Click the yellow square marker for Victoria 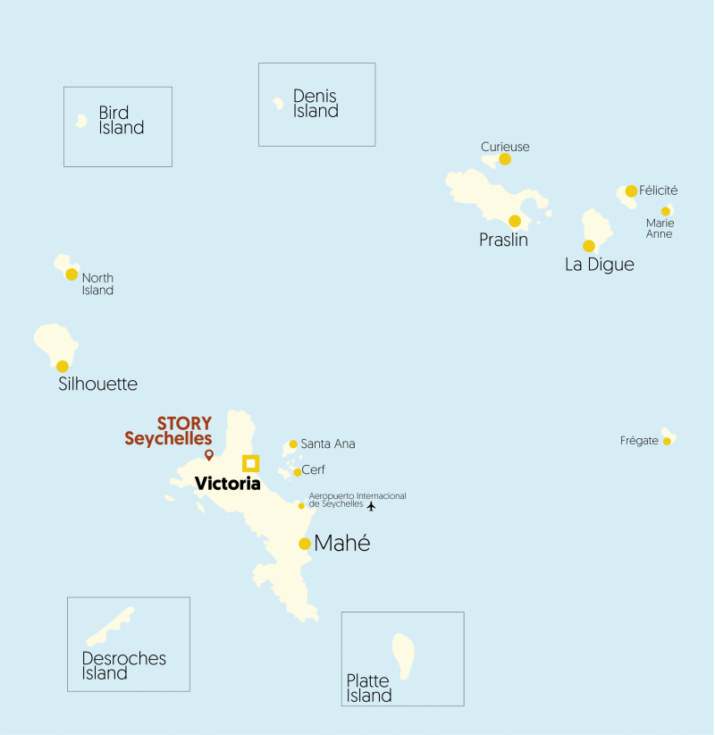pyautogui.click(x=250, y=462)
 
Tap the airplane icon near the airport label pyautogui.click(x=372, y=506)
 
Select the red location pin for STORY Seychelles pyautogui.click(x=209, y=455)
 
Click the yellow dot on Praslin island pyautogui.click(x=515, y=221)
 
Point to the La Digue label pyautogui.click(x=599, y=265)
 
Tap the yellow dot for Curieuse pyautogui.click(x=505, y=159)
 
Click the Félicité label pyautogui.click(x=659, y=190)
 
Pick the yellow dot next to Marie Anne pyautogui.click(x=666, y=211)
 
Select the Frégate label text pyautogui.click(x=639, y=441)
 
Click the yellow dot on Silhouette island pyautogui.click(x=63, y=367)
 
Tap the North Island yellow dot pyautogui.click(x=71, y=275)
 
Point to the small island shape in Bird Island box pyautogui.click(x=81, y=120)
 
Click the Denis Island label pyautogui.click(x=315, y=104)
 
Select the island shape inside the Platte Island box pyautogui.click(x=403, y=656)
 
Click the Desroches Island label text pyautogui.click(x=123, y=666)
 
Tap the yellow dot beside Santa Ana pyautogui.click(x=293, y=444)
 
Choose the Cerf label pyautogui.click(x=314, y=470)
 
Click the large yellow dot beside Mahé pyautogui.click(x=305, y=544)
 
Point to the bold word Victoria pyautogui.click(x=227, y=484)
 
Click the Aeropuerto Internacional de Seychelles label pyautogui.click(x=357, y=500)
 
